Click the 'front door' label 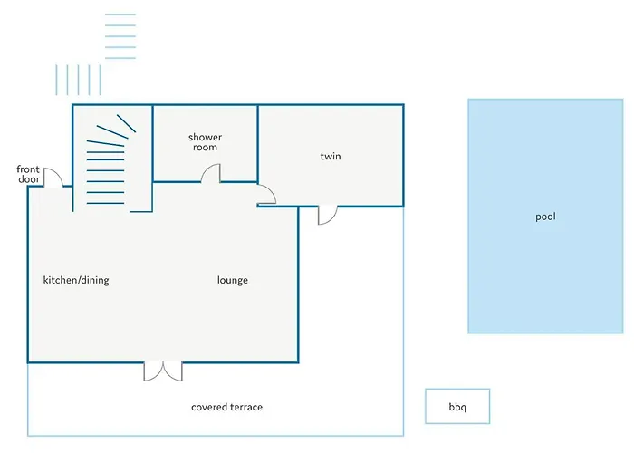[x=28, y=174]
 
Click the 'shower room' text [x=205, y=142]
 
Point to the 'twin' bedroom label [x=331, y=156]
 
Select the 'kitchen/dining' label [x=76, y=280]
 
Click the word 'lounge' [x=233, y=280]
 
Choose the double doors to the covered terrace [x=163, y=371]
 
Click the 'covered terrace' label [x=226, y=407]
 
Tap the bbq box [x=457, y=407]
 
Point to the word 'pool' [x=545, y=217]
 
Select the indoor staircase [x=111, y=159]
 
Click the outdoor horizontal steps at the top [x=120, y=36]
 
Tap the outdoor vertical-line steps [x=78, y=80]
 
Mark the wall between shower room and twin [x=258, y=143]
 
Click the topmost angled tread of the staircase [x=126, y=123]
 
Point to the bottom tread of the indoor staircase [x=106, y=203]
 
